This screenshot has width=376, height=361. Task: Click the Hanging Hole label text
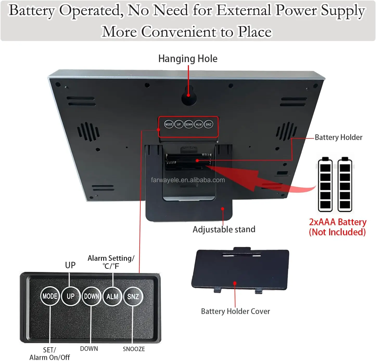click(188, 59)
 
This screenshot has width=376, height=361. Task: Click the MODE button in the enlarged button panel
click(50, 296)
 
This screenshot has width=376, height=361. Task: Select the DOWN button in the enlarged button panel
click(91, 296)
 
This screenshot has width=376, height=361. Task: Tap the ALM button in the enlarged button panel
click(112, 296)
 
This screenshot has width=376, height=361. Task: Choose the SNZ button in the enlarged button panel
click(133, 296)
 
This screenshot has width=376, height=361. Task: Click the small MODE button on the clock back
click(169, 124)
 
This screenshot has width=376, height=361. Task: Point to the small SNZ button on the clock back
click(208, 124)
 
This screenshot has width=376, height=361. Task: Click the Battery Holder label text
click(339, 137)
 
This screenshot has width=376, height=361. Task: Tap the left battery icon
click(325, 184)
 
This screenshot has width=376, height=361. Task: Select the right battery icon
click(345, 184)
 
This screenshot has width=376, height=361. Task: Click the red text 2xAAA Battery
click(338, 222)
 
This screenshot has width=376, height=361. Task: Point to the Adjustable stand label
click(224, 230)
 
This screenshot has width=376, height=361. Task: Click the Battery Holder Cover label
click(235, 311)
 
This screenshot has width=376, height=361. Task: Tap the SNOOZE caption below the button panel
click(134, 349)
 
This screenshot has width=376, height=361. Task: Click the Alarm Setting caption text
click(111, 258)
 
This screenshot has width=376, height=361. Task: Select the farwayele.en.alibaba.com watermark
click(188, 180)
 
